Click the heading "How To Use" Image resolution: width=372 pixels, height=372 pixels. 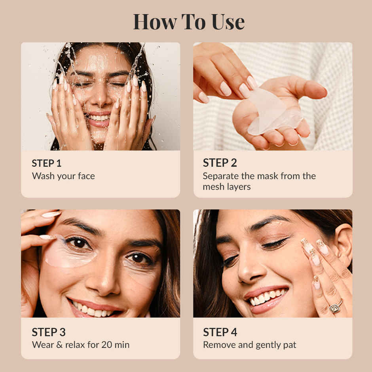pyautogui.click(x=188, y=22)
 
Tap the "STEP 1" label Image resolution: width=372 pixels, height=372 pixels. pyautogui.click(x=47, y=163)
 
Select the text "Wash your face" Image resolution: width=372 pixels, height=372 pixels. pyautogui.click(x=63, y=176)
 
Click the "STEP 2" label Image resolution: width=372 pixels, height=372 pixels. pyautogui.click(x=220, y=163)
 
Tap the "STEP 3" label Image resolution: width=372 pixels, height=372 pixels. pyautogui.click(x=49, y=332)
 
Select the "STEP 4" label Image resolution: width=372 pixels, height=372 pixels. pyautogui.click(x=220, y=332)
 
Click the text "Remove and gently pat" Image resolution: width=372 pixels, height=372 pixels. pyautogui.click(x=249, y=345)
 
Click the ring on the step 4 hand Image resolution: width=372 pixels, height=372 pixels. pyautogui.click(x=335, y=307)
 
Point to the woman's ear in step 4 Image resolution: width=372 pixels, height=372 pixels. pyautogui.click(x=343, y=241)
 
